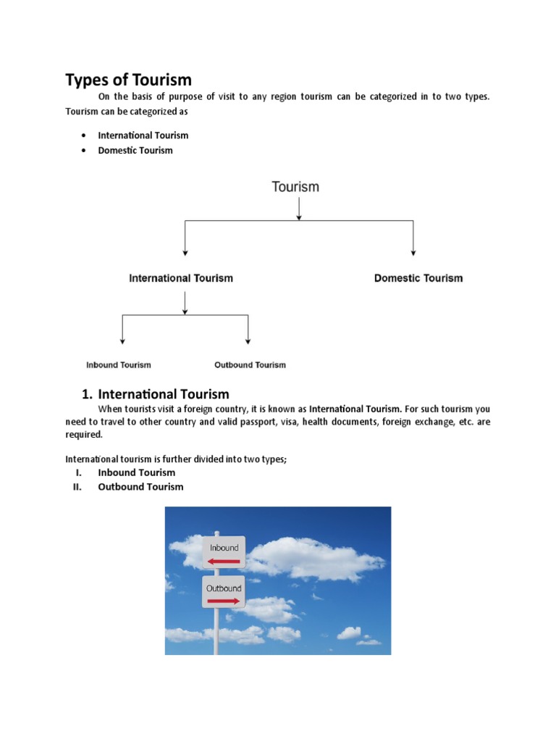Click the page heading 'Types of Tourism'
tap(128, 80)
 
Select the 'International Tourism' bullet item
tap(143, 135)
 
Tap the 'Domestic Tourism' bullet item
tap(135, 151)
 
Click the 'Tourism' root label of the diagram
tap(295, 187)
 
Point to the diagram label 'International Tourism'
tap(181, 278)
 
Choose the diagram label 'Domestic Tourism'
tap(418, 278)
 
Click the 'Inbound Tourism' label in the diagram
tap(119, 365)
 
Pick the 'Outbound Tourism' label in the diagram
tap(250, 365)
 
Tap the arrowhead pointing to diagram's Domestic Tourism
tap(413, 251)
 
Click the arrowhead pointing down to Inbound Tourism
tap(122, 340)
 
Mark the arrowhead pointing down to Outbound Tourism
tap(248, 340)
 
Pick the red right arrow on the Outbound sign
tap(224, 601)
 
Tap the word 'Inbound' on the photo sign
tap(224, 548)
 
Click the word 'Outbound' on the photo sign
tap(224, 588)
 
